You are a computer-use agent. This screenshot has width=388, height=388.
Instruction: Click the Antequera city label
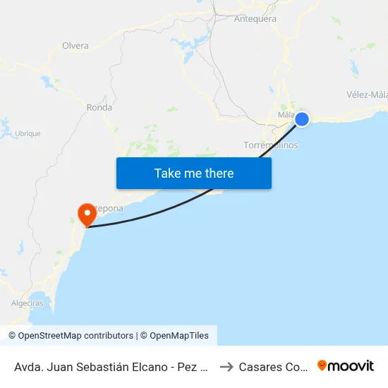(255, 19)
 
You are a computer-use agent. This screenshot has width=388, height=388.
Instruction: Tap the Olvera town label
(75, 46)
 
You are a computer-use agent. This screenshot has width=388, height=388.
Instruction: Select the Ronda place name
(99, 108)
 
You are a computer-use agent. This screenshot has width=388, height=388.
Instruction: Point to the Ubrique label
(28, 133)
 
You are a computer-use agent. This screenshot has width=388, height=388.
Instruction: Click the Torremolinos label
(270, 145)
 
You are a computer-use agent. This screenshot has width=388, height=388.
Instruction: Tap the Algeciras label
(28, 303)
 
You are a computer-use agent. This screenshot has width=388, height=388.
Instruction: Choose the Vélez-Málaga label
(367, 95)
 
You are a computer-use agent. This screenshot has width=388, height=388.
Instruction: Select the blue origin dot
(302, 119)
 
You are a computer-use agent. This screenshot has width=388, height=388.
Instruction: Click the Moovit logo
(346, 366)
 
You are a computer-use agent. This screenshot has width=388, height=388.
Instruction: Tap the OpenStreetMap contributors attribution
(71, 336)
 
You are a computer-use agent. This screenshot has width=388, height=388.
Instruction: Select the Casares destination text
(272, 367)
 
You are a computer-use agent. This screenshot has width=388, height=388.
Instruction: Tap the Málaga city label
(286, 114)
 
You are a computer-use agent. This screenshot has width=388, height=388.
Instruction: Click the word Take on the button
(168, 174)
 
